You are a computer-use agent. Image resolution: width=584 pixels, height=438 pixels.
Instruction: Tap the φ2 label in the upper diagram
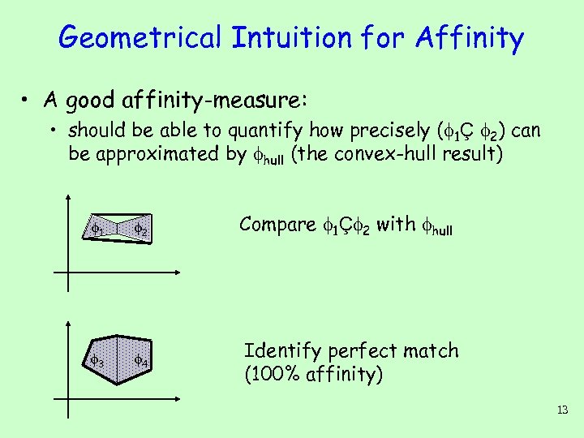click(141, 230)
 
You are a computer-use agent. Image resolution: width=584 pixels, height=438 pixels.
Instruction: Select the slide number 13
click(562, 410)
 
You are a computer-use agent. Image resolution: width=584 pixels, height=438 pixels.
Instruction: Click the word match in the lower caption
click(430, 351)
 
